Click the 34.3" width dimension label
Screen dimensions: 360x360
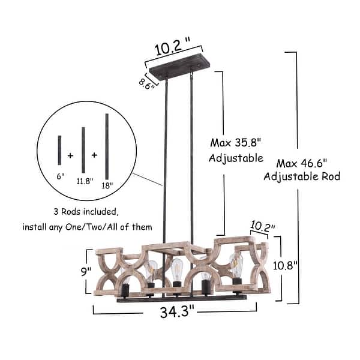click(177, 311)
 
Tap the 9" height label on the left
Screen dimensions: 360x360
click(86, 271)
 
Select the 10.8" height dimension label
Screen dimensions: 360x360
click(285, 266)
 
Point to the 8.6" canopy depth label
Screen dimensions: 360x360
click(146, 83)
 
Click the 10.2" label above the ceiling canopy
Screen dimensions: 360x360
click(173, 48)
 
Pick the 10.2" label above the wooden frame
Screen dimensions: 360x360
click(262, 226)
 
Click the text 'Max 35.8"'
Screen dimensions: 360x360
click(236, 143)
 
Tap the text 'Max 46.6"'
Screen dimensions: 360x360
click(301, 163)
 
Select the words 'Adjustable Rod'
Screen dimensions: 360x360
click(302, 176)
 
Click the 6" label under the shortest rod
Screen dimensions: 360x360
click(61, 176)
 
